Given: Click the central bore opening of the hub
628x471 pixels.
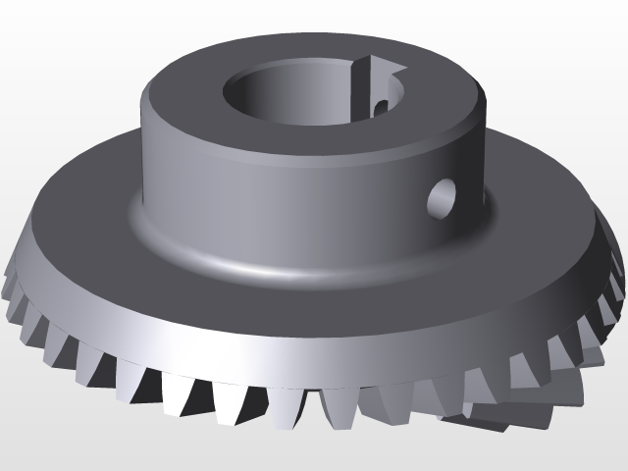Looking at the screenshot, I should click(294, 93).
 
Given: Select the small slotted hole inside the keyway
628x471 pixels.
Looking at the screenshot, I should click(380, 102).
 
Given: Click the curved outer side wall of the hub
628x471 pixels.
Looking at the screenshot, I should click(245, 186).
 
